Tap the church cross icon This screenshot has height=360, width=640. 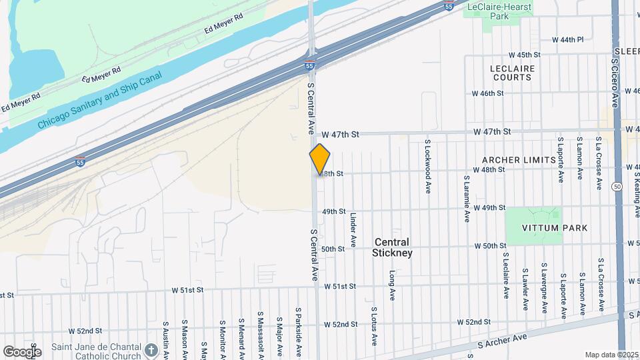coord(151,350)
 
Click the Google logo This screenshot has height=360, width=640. coord(21,351)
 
